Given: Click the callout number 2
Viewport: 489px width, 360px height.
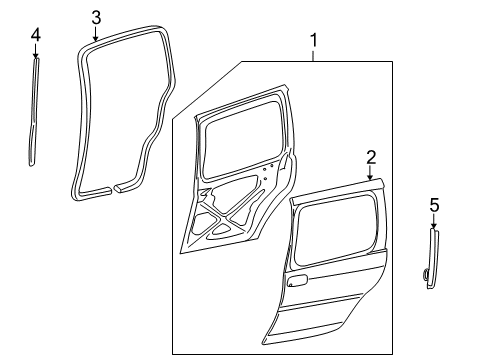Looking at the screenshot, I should point(370,157).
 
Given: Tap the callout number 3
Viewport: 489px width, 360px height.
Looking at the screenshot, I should point(96,16).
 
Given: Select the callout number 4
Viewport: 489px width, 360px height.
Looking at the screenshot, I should point(35,36).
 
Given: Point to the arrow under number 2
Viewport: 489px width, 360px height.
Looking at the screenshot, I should point(370,173).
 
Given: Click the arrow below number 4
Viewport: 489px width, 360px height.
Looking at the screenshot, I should point(35,53).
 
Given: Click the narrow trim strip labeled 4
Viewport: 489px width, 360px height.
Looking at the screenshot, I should point(34,110).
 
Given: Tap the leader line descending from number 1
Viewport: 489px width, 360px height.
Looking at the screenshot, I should point(314,56).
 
